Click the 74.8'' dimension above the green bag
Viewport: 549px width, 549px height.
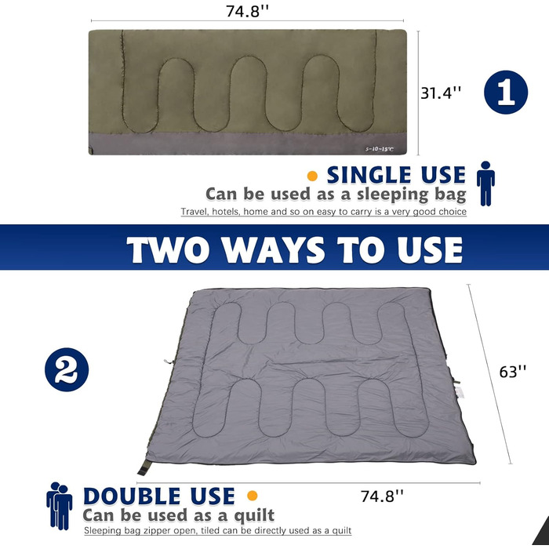(x=247, y=11)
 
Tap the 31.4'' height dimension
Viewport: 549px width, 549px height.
(x=441, y=93)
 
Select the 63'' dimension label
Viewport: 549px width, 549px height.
(x=513, y=372)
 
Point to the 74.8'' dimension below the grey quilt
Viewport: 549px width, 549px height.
(x=382, y=496)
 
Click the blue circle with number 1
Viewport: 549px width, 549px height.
(x=506, y=92)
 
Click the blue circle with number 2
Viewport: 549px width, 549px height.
(x=67, y=369)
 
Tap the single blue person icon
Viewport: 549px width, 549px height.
(x=485, y=184)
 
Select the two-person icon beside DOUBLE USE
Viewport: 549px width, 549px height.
(x=59, y=506)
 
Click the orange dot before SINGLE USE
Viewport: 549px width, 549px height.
(x=312, y=176)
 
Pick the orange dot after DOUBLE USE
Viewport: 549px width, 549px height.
(x=252, y=496)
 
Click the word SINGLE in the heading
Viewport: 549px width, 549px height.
(x=369, y=175)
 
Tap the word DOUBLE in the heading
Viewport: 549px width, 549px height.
(x=132, y=496)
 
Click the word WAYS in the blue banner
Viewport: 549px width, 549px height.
(x=274, y=249)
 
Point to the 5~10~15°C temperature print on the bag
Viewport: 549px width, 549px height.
(x=380, y=149)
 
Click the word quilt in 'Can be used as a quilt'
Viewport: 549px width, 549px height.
(x=254, y=515)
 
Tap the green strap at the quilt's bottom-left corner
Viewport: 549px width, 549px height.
(x=144, y=467)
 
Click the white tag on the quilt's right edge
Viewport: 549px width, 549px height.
(x=459, y=392)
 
